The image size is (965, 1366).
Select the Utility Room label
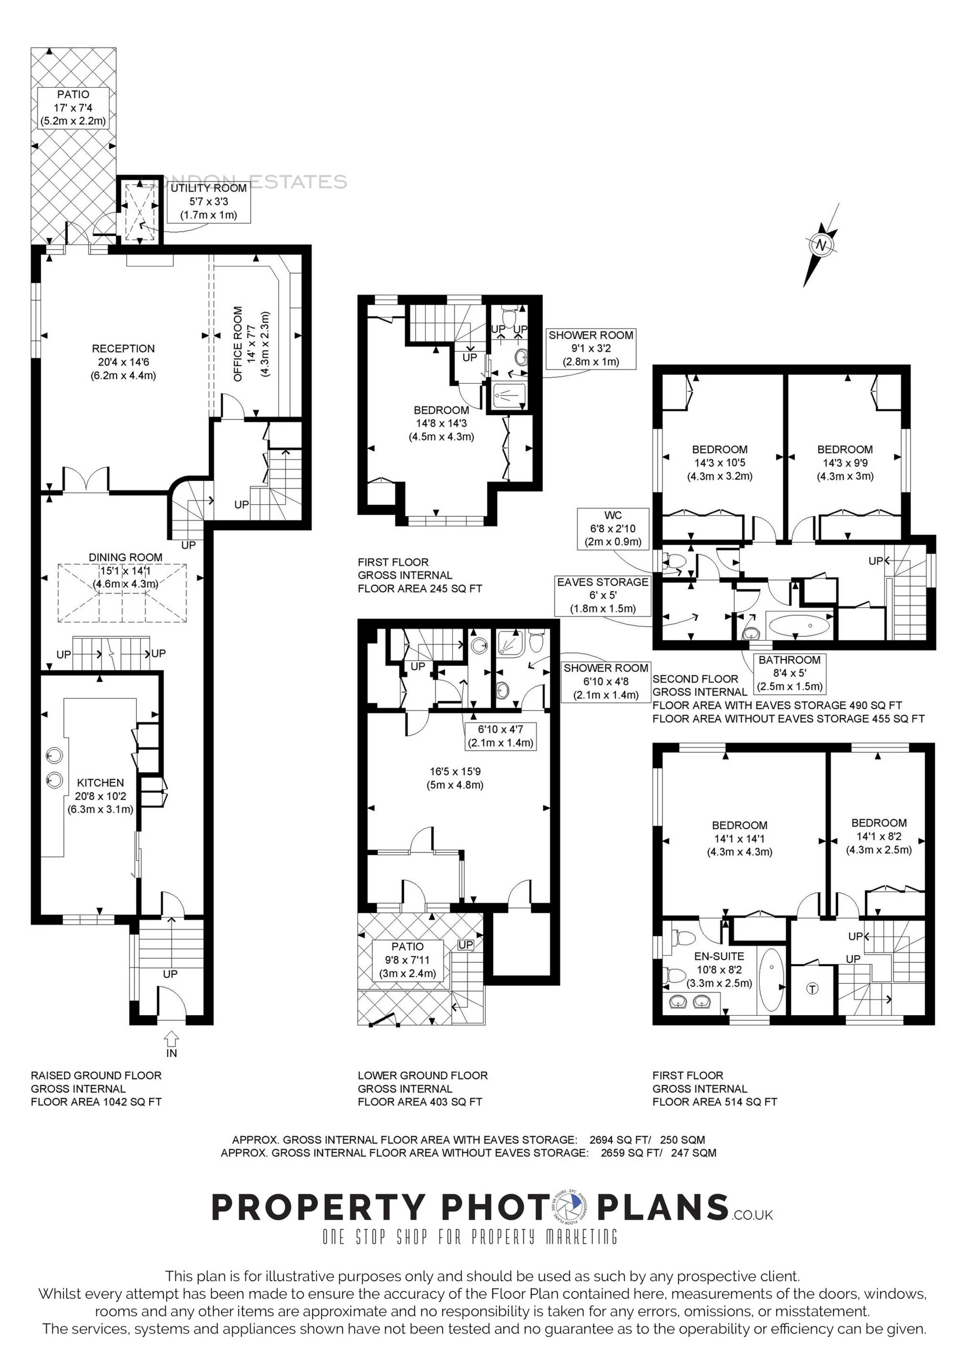pos(208,202)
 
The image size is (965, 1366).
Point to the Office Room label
pos(251,344)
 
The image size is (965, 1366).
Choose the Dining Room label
pos(125,571)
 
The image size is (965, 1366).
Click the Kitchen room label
pos(101,796)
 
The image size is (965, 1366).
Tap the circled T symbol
pos(812,989)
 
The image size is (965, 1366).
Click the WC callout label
pos(612,528)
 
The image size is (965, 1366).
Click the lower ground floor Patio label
pos(407,959)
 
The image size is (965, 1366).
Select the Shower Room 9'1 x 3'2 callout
pos(591,348)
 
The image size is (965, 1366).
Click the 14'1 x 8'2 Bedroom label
pos(879,836)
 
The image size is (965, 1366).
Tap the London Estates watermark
pos(250,182)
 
